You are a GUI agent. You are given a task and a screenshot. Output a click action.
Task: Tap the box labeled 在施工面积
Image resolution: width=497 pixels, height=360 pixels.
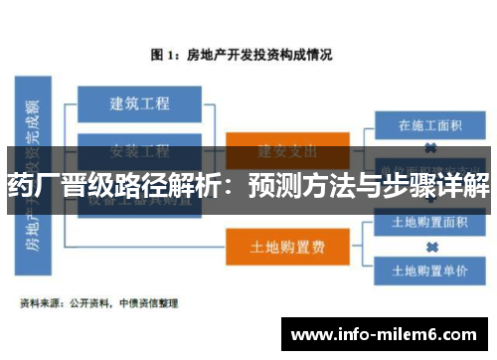[x=431, y=126]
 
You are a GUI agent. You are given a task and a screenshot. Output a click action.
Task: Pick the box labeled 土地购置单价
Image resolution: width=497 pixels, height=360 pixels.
[x=431, y=270]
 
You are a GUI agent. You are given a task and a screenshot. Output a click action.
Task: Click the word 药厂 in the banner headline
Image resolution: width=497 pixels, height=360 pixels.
[x=31, y=185]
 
